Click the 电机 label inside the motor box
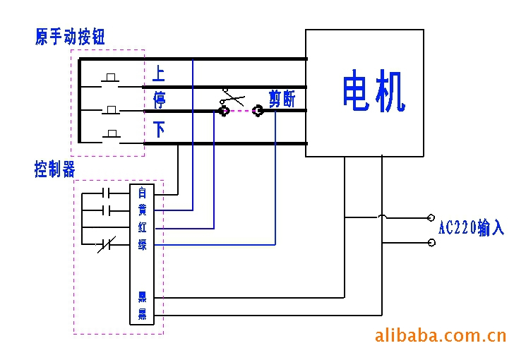click(x=374, y=91)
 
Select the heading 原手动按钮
click(x=70, y=37)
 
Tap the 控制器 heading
click(x=54, y=169)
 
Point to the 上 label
click(x=159, y=73)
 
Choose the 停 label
click(x=159, y=100)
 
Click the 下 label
click(x=160, y=130)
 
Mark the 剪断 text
click(x=282, y=100)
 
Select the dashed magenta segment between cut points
click(x=241, y=111)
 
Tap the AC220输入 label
click(x=471, y=228)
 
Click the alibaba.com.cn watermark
click(x=440, y=334)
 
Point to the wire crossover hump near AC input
click(x=382, y=217)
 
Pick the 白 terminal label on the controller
click(x=142, y=192)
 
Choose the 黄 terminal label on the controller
click(x=142, y=210)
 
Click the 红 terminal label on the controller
click(x=142, y=227)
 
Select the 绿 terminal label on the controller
click(x=142, y=245)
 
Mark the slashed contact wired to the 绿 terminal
click(x=105, y=245)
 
